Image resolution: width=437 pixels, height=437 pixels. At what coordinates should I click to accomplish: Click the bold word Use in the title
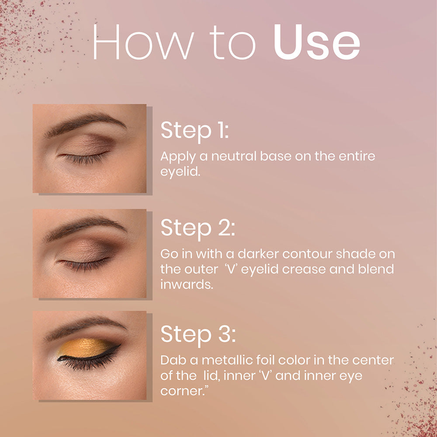click(317, 43)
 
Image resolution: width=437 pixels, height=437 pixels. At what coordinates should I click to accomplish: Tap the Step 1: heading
click(194, 131)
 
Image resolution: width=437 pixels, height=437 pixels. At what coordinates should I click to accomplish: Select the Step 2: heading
click(198, 228)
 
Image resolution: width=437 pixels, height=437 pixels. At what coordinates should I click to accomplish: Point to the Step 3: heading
click(198, 334)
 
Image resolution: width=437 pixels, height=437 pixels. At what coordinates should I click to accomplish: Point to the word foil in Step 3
click(269, 361)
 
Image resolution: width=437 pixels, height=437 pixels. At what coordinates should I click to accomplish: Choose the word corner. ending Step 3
click(183, 391)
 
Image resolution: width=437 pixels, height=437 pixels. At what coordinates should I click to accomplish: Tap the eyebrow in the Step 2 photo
click(83, 227)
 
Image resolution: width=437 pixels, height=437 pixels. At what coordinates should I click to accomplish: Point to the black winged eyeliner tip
click(118, 346)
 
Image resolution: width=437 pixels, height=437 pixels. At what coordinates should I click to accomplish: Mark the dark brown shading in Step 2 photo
click(107, 250)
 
